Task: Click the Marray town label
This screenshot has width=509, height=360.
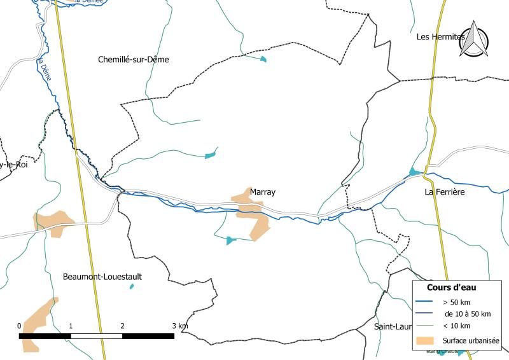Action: click(263, 191)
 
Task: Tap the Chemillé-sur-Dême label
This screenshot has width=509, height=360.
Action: click(134, 60)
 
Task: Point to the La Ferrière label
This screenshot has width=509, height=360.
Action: click(445, 191)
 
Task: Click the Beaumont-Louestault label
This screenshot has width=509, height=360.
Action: click(102, 277)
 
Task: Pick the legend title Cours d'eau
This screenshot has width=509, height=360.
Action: click(452, 287)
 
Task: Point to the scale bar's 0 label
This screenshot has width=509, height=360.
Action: click(19, 326)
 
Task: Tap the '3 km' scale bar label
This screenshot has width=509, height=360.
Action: click(179, 326)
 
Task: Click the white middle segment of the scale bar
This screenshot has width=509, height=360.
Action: click(96, 335)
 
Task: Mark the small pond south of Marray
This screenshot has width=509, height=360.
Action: click(230, 240)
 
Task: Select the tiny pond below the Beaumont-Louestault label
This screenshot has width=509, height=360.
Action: click(132, 287)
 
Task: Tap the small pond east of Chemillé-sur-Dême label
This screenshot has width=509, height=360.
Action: click(263, 60)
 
